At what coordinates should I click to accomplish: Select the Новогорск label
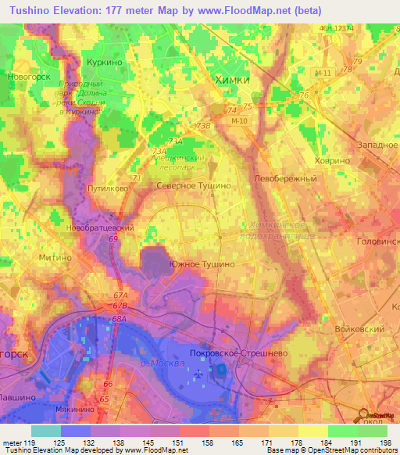click(28, 77)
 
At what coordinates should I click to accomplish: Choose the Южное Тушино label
click(201, 265)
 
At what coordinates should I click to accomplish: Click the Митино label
click(55, 256)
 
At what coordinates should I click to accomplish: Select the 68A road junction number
click(119, 319)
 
